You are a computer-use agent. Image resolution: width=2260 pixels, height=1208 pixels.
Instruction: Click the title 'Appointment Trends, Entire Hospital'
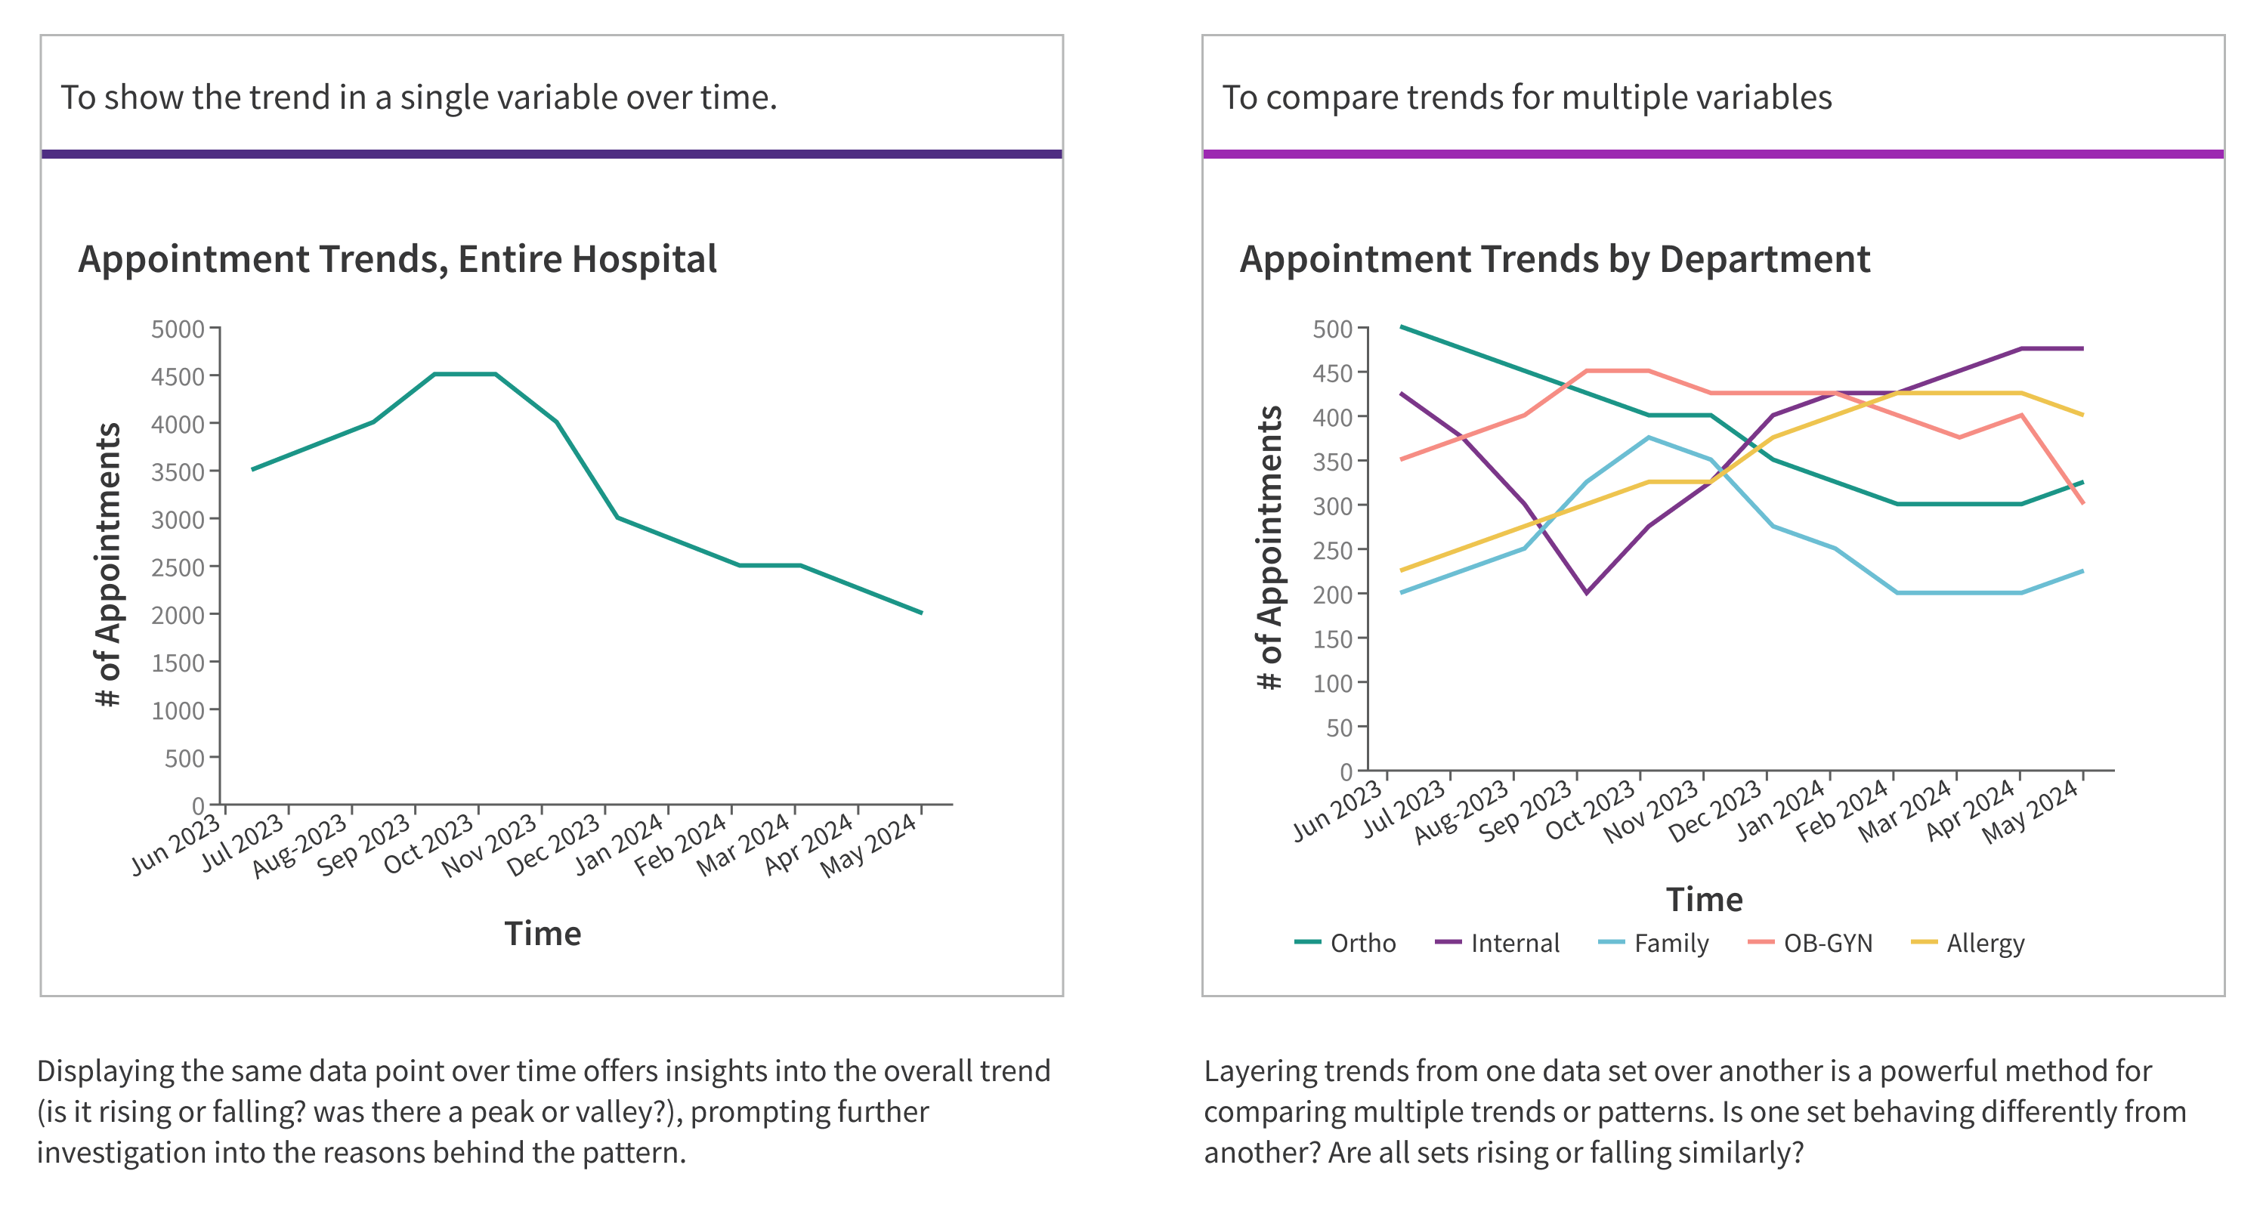click(x=397, y=260)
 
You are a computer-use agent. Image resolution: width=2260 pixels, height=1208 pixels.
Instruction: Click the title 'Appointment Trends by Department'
click(x=1554, y=260)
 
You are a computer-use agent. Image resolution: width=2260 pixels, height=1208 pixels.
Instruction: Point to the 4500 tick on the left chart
click(x=178, y=377)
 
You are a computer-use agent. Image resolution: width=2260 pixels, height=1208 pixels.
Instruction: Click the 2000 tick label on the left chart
click(x=178, y=616)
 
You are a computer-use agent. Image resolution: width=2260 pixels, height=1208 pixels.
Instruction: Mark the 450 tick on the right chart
click(x=1333, y=374)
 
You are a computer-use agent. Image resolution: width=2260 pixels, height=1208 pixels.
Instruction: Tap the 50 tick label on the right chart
click(x=1340, y=728)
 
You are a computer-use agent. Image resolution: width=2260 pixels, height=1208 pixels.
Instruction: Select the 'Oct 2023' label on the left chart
click(x=429, y=843)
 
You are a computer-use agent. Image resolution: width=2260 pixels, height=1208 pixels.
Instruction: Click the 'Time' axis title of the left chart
click(x=543, y=934)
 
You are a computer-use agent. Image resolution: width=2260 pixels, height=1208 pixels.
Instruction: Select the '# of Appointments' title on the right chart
click(x=1269, y=548)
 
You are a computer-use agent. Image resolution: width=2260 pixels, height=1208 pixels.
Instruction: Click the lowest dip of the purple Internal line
click(x=1586, y=593)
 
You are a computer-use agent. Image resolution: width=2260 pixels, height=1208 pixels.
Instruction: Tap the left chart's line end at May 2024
click(x=921, y=613)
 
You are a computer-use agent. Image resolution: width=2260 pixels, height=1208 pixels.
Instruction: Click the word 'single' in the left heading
click(x=441, y=97)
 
